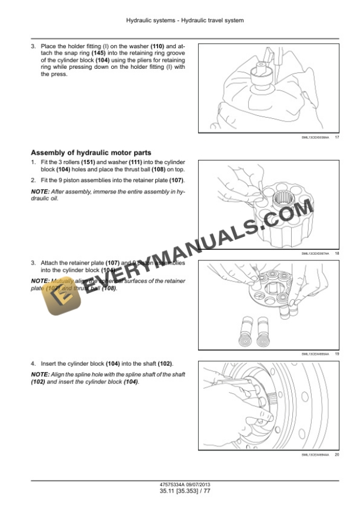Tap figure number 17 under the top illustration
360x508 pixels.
tap(336, 138)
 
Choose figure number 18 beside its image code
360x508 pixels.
tap(336, 253)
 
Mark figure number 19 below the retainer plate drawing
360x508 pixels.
tap(336, 353)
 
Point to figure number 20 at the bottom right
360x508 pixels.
tap(336, 454)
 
